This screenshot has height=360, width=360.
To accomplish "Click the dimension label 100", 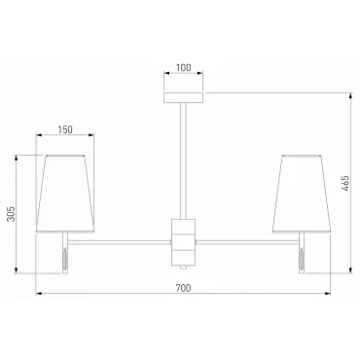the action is click(x=184, y=68).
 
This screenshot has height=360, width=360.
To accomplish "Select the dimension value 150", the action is click(x=65, y=129).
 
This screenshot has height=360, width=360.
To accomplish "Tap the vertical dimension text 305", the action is click(x=12, y=214).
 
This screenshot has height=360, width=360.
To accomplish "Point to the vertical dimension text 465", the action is click(x=345, y=183).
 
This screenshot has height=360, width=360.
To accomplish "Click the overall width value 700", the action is click(x=184, y=288).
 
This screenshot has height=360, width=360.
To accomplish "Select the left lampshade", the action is click(x=65, y=194).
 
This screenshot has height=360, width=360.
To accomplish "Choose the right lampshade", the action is click(x=302, y=194).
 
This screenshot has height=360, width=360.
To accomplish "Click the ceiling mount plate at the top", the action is click(x=184, y=97).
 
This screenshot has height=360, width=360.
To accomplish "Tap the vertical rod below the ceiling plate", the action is click(x=184, y=161).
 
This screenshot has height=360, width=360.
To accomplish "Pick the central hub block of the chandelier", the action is click(x=184, y=241).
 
